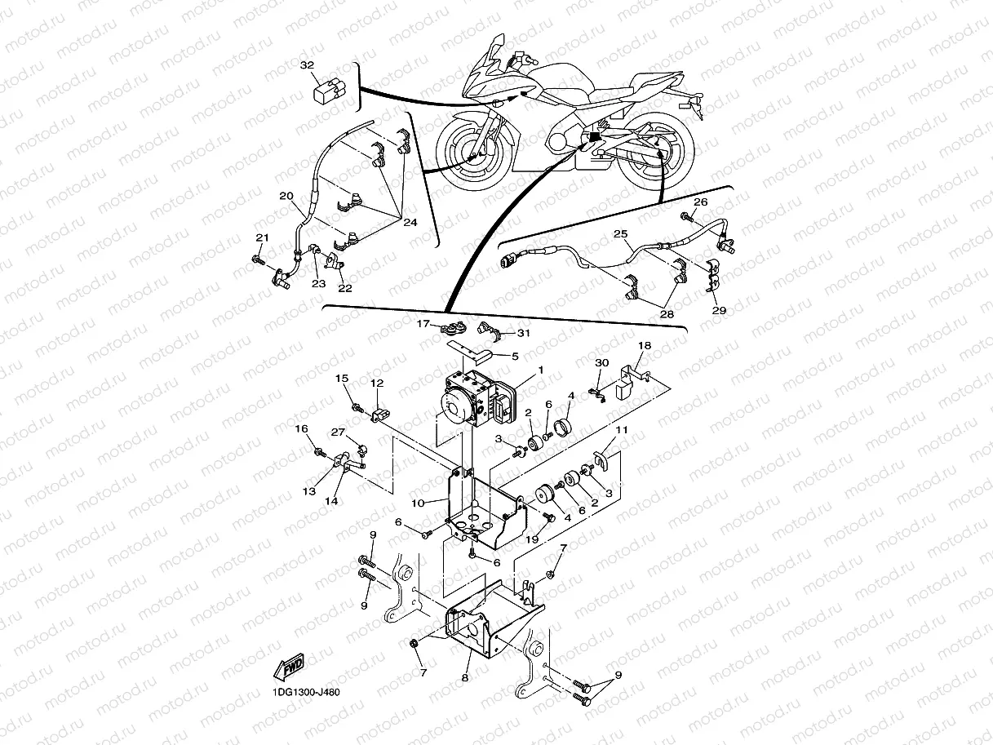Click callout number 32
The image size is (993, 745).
coord(306,64)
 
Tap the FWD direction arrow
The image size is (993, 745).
coord(290,669)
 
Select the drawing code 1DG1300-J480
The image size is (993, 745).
coord(301,693)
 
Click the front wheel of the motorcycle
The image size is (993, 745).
coord(476,151)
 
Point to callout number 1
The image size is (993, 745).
coord(539,370)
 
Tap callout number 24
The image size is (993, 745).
coord(410,222)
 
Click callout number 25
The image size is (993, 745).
coord(621,234)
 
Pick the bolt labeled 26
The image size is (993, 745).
coord(687,217)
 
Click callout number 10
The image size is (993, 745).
coord(418,503)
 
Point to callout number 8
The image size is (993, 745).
coord(465,676)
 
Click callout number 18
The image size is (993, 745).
coord(645,346)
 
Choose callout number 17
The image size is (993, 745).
coord(423,324)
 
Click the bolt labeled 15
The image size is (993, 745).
coord(357,406)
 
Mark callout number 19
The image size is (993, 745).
coord(532,540)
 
